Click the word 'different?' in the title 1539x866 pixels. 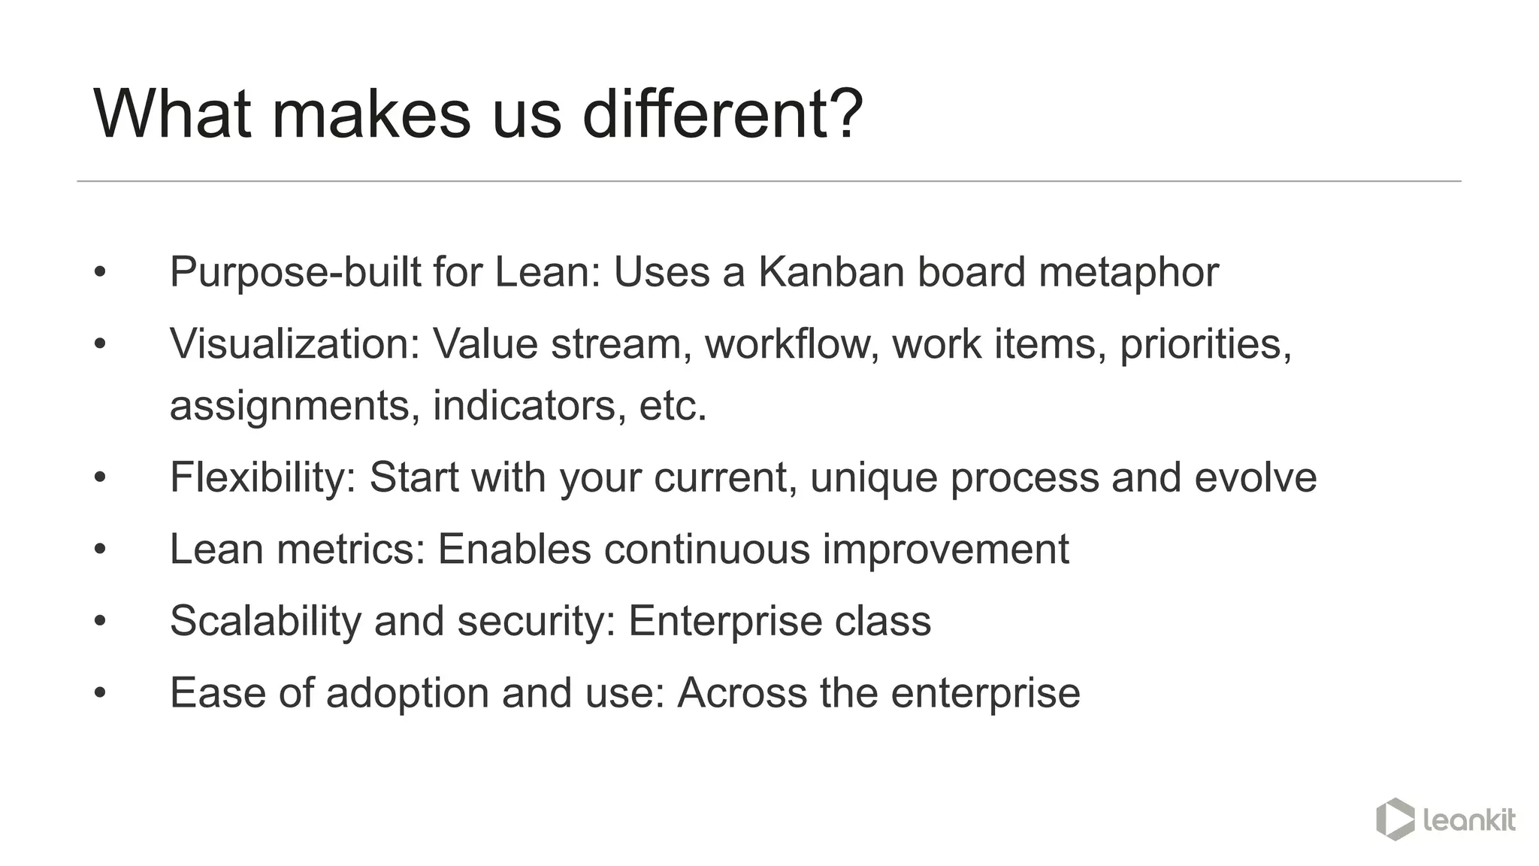click(x=722, y=114)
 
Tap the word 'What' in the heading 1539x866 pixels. click(x=172, y=114)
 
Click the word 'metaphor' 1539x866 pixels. click(x=1128, y=271)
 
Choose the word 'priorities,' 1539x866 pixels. click(x=1205, y=344)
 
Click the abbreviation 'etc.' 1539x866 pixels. click(x=673, y=406)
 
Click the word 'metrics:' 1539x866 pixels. click(x=351, y=549)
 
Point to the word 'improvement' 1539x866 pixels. click(x=945, y=549)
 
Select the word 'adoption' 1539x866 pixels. click(x=407, y=693)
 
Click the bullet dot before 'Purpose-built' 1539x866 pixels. click(x=100, y=272)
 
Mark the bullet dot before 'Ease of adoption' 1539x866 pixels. click(x=100, y=693)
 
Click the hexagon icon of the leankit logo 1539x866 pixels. click(x=1395, y=819)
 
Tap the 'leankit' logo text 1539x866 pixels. click(x=1469, y=819)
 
